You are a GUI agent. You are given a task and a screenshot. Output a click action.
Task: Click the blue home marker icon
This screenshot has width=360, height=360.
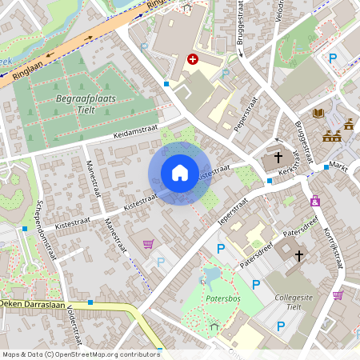click(180, 173)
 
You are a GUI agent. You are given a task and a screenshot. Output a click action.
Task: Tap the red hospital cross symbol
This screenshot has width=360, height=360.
click(193, 59)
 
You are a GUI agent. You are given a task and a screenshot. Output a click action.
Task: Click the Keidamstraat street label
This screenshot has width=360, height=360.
click(137, 131)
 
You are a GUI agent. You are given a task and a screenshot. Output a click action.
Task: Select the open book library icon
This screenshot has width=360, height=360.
click(318, 114)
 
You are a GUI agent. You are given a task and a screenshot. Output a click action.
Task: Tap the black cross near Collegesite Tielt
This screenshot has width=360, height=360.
click(299, 256)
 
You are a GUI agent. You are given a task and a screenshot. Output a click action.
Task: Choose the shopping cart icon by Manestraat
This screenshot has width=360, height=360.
click(147, 244)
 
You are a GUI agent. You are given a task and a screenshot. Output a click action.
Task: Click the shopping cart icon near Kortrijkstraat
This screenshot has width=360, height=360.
click(338, 295)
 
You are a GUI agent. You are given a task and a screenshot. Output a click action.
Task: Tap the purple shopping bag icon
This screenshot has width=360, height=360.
click(315, 201)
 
